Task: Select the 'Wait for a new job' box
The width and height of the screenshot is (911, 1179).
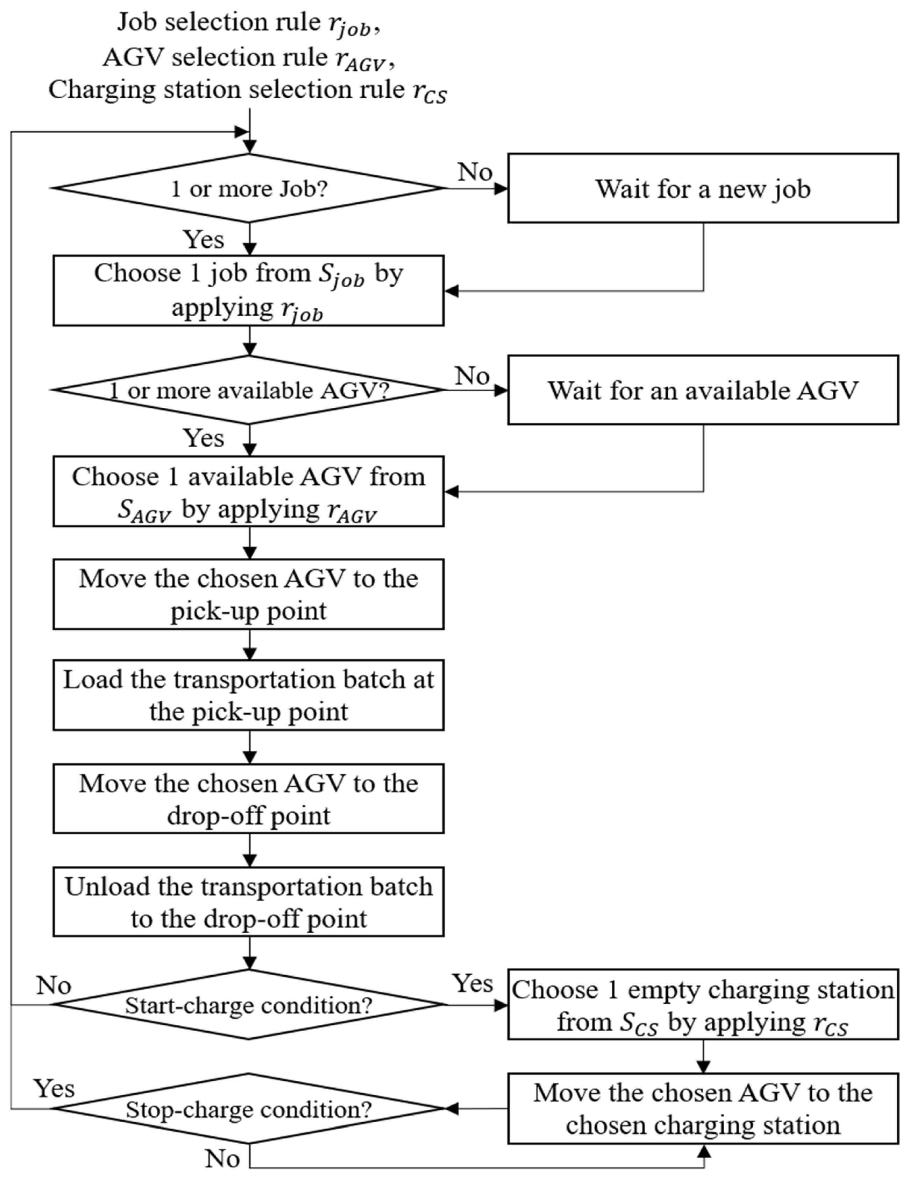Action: [x=702, y=188]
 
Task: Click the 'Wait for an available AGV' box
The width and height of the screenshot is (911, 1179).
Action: [x=702, y=390]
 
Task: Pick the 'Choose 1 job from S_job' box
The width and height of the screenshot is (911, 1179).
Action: [x=248, y=290]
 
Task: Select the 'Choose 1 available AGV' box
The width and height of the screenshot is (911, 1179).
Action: [x=248, y=491]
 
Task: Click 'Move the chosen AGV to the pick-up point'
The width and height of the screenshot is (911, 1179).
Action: [x=248, y=594]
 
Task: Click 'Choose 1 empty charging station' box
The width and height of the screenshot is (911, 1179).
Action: [x=702, y=1005]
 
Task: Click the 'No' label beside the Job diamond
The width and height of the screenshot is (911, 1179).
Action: [x=475, y=172]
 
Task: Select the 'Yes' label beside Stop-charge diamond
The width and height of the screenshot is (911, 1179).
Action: [x=54, y=1088]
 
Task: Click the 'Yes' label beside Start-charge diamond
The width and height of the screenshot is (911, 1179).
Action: [x=473, y=984]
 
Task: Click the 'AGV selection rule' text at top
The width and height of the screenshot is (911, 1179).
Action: [x=248, y=58]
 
